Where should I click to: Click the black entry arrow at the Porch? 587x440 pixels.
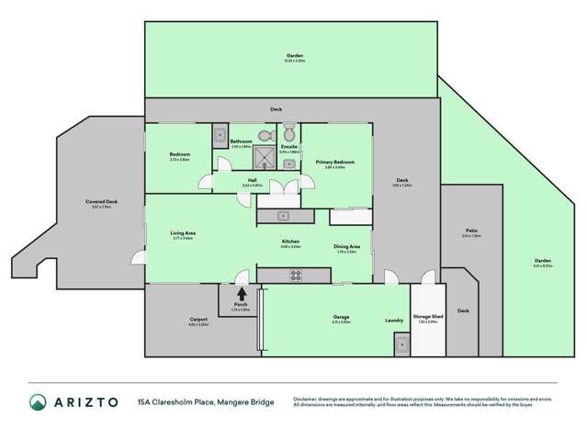242,295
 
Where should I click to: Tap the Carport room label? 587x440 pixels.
199,322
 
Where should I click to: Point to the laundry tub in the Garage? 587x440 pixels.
401,344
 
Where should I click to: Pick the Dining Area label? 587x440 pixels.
345,246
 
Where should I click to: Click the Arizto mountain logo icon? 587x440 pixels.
38,402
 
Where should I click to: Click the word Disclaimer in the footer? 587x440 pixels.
308,398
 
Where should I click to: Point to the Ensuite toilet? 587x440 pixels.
288,130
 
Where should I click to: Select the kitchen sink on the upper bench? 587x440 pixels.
285,216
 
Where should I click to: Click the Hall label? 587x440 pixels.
252,180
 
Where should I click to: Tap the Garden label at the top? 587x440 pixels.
294,55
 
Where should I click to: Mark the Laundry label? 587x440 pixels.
395,321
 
